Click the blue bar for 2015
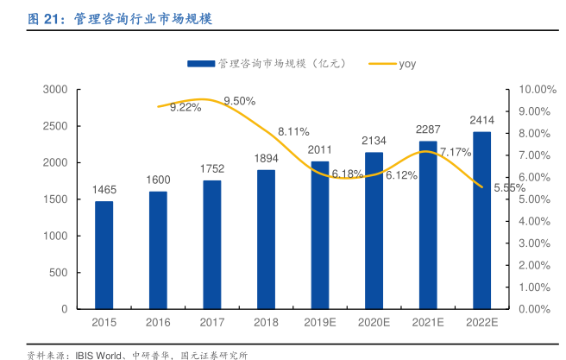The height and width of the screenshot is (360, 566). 104,255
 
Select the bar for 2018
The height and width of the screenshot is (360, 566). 266,239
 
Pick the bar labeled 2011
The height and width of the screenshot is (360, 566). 320,235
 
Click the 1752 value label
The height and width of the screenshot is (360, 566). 211,169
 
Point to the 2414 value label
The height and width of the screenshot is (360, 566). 481,120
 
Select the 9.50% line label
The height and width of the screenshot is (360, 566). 239,101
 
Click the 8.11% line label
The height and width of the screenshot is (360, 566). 293,131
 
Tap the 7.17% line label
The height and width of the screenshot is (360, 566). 455,152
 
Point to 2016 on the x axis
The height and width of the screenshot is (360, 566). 158,321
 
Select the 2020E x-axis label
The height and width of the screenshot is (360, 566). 374,321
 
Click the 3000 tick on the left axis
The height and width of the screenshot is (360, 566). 55,90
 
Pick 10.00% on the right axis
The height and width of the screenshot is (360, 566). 534,90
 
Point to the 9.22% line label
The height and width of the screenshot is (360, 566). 186,107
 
